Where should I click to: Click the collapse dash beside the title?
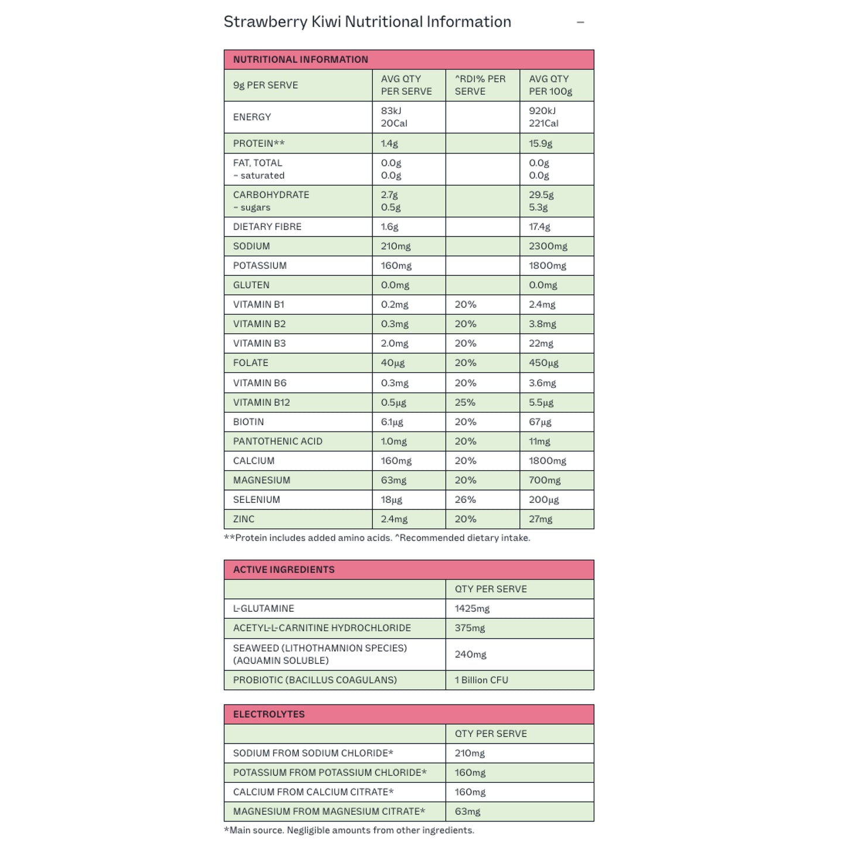pos(580,22)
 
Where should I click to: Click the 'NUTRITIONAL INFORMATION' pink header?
pos(300,60)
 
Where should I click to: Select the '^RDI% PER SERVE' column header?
pos(480,85)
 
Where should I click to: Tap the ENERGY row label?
pos(252,117)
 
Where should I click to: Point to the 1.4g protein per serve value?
pos(389,143)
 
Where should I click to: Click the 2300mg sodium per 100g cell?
pos(548,246)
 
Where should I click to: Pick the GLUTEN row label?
pos(251,285)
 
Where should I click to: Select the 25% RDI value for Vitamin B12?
pos(465,403)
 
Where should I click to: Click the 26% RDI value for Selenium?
pos(465,500)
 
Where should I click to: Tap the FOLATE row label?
pos(251,363)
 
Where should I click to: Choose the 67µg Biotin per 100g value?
pos(540,422)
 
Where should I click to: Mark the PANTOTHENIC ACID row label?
pos(278,441)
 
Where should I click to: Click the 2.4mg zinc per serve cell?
pos(394,519)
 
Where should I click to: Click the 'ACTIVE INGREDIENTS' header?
pos(284,570)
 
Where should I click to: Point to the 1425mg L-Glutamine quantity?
pos(472,609)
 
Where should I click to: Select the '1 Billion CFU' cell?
pos(481,680)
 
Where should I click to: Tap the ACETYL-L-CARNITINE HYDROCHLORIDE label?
pos(322,628)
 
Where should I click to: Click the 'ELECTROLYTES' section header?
pos(269,714)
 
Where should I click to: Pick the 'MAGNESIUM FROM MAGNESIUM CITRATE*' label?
pos(329,811)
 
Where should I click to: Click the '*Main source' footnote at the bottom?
pos(348,830)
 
